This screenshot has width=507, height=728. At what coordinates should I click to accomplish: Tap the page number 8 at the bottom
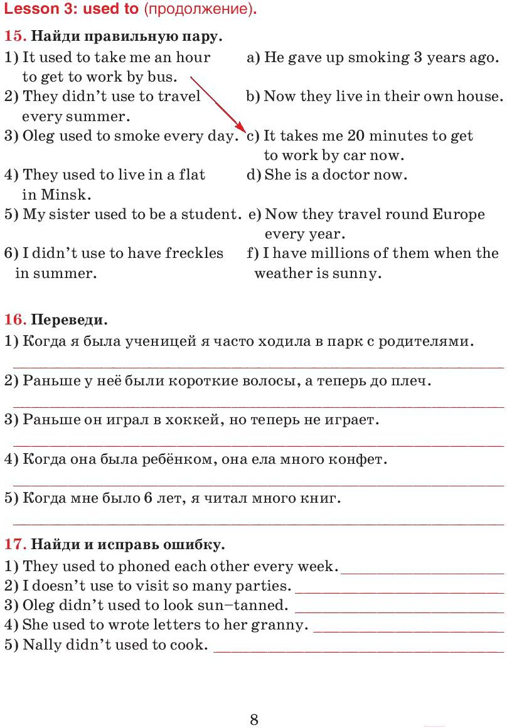(x=253, y=719)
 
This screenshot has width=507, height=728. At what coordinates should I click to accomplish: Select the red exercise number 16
(x=14, y=319)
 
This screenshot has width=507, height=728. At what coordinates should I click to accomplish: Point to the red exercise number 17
(x=14, y=543)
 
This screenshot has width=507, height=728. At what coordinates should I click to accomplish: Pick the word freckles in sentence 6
(x=194, y=253)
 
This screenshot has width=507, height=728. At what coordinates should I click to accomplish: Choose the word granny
(x=283, y=625)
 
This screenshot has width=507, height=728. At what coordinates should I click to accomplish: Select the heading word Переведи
(x=69, y=320)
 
